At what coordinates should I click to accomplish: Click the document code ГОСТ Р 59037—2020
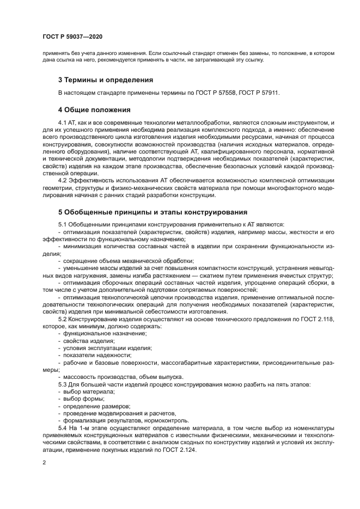(72, 37)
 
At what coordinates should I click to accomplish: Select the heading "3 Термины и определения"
(106, 79)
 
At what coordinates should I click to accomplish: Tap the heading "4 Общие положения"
(94, 109)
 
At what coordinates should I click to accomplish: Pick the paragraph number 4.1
(63, 124)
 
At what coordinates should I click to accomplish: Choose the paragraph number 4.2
(63, 180)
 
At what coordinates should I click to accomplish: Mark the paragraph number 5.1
(63, 224)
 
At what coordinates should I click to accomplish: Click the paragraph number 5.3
(63, 384)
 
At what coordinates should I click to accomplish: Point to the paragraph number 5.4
(63, 429)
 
